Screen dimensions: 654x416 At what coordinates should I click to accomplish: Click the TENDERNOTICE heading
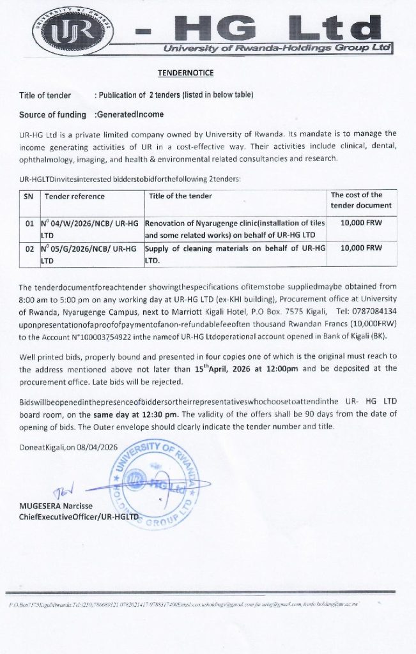coord(186,73)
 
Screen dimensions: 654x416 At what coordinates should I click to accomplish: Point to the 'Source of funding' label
coord(52,115)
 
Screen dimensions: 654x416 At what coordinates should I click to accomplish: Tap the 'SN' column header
coord(28,196)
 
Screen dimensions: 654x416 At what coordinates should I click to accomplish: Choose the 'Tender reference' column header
coord(75,196)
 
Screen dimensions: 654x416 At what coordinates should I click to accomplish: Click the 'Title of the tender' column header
coord(180,196)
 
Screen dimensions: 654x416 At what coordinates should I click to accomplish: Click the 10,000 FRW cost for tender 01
coord(362,223)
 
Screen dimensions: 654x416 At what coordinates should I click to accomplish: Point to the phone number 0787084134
coord(374,311)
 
